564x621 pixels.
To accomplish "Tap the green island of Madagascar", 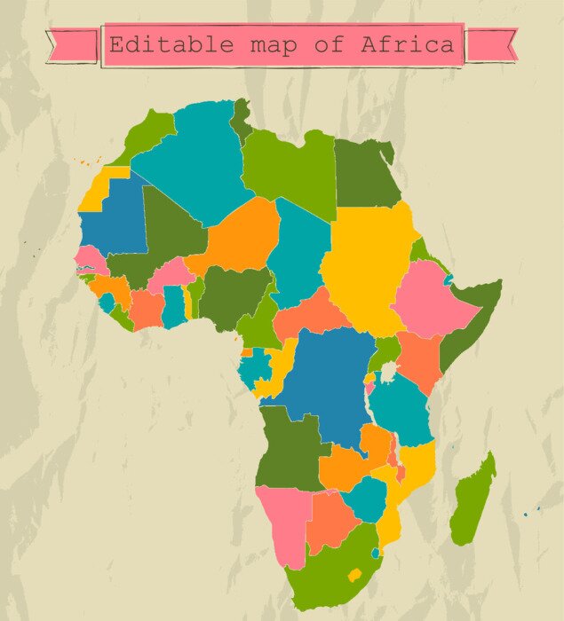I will click(x=473, y=501).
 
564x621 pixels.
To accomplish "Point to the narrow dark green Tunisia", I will click(x=241, y=120).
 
